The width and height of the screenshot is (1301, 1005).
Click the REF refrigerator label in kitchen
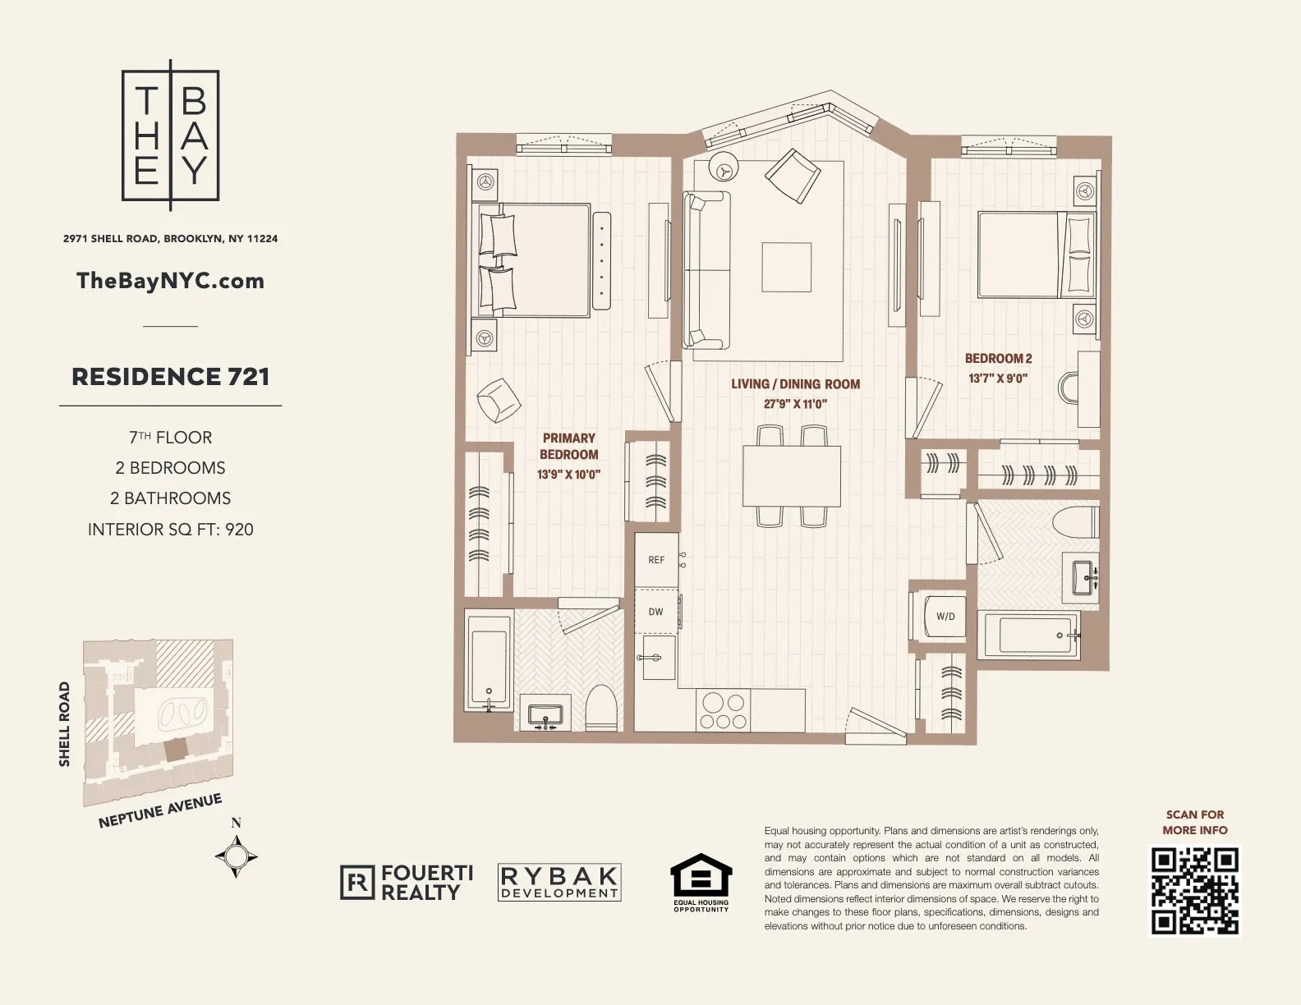click(x=656, y=560)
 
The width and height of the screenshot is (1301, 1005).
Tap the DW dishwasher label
click(x=655, y=612)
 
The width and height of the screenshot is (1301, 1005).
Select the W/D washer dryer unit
click(x=945, y=617)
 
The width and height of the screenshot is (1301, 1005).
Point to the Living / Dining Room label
click(x=795, y=383)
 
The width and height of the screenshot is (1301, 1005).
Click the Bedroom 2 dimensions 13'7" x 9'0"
click(x=998, y=379)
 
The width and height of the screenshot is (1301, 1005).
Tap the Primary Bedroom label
click(x=568, y=446)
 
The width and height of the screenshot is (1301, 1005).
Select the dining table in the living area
click(x=792, y=475)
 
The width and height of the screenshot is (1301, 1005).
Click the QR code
click(x=1194, y=892)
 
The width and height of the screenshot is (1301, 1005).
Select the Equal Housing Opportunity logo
click(x=701, y=883)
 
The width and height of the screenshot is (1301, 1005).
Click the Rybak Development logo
click(x=559, y=883)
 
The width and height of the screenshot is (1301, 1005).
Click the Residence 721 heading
click(x=171, y=377)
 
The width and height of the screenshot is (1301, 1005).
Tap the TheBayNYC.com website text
click(x=170, y=281)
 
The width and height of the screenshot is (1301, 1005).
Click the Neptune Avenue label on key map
click(x=160, y=811)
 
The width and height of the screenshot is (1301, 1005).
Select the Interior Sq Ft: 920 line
click(x=171, y=530)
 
